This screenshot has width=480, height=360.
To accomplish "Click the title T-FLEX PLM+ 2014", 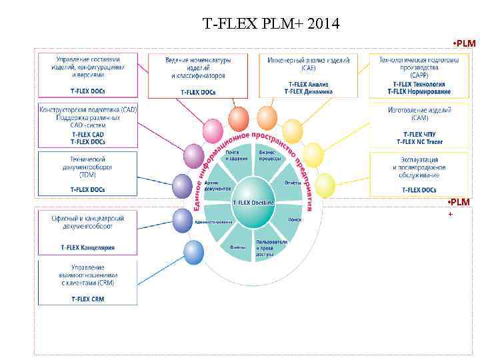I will point(271,25).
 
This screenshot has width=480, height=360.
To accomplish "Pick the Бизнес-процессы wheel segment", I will point(267,155).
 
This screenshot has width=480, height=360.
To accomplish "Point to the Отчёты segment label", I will point(293,182).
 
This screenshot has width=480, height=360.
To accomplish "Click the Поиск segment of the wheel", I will point(295,219).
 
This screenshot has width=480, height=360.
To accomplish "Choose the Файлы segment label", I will point(237,247).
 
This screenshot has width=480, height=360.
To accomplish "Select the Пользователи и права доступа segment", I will point(271,247).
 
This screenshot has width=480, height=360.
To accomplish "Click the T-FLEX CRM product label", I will point(88,300).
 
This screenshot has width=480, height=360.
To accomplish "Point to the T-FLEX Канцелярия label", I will point(88,247).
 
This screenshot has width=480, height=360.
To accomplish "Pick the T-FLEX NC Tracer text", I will point(419,141).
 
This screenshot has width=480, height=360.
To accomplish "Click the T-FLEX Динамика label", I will point(308,91).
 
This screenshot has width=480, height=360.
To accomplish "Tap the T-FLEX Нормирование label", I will point(419,91).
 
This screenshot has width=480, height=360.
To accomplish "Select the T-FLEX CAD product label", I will point(88,134).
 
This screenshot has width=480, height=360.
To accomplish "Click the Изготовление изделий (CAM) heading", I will point(419,113).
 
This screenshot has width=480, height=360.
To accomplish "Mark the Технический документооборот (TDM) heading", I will point(88,167).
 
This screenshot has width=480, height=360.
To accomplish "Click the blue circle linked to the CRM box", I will point(193,252).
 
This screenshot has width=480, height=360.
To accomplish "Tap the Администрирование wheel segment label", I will point(214,222).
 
